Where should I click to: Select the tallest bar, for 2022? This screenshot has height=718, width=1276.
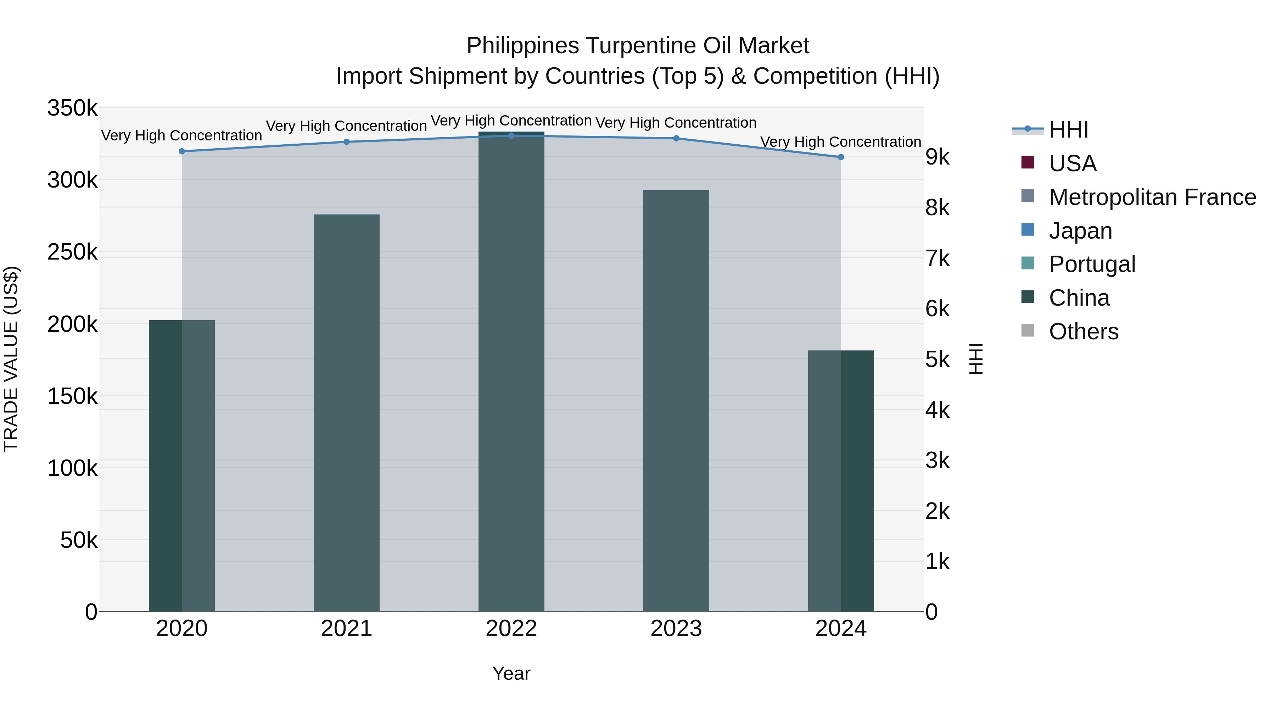[x=511, y=372]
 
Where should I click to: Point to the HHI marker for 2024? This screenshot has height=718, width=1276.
[x=841, y=157]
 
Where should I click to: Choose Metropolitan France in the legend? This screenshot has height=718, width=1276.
[x=1152, y=197]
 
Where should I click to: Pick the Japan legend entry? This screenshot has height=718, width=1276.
[x=1080, y=231]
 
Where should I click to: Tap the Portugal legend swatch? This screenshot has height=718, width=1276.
[x=1028, y=263]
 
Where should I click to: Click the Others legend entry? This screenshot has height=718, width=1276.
[x=1083, y=332]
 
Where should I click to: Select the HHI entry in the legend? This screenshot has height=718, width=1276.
[x=1068, y=130]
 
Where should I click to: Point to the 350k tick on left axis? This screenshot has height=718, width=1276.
[x=72, y=108]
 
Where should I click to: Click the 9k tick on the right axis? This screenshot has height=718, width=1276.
[x=937, y=157]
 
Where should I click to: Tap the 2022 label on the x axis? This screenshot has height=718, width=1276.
[x=511, y=629]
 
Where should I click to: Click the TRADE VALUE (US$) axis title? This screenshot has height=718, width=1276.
[x=11, y=359]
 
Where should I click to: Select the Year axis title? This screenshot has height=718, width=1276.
[x=511, y=673]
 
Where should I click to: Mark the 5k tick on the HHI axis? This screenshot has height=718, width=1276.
[x=937, y=360]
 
